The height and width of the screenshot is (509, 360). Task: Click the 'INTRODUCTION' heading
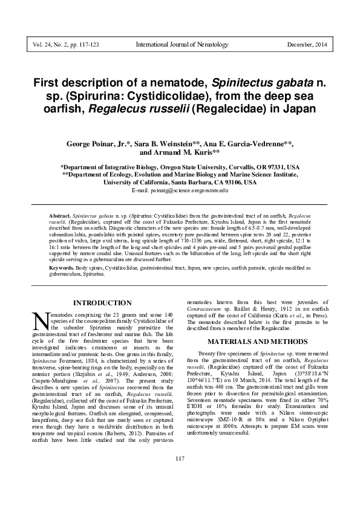(102, 303)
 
